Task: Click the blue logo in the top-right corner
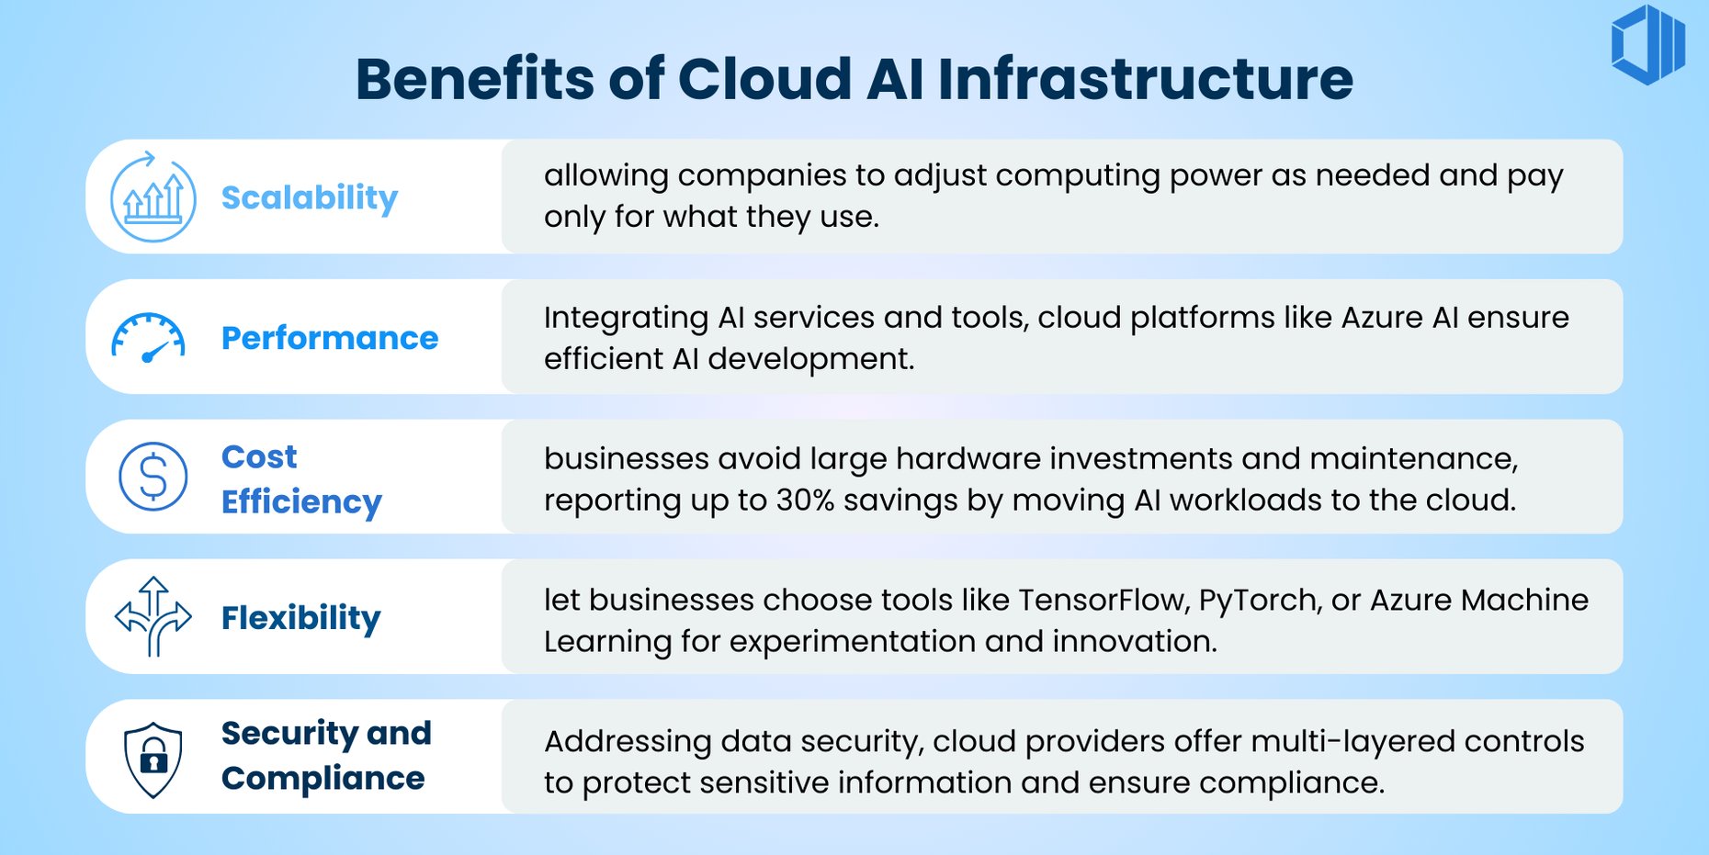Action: tap(1648, 44)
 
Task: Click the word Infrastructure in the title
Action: tap(1145, 79)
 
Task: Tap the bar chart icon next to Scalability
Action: tap(153, 197)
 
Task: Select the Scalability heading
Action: tap(310, 197)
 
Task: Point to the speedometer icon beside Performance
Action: tap(149, 338)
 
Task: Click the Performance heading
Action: tap(330, 338)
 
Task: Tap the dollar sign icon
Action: tap(153, 477)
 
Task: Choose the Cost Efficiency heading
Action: tap(301, 478)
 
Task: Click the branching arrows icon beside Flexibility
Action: tap(153, 616)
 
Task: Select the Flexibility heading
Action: tap(301, 618)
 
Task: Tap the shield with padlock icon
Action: tap(153, 759)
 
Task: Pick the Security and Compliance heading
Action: tap(325, 756)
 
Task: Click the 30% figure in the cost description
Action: tap(805, 501)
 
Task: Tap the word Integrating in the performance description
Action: tap(626, 319)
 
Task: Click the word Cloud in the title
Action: tap(764, 79)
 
